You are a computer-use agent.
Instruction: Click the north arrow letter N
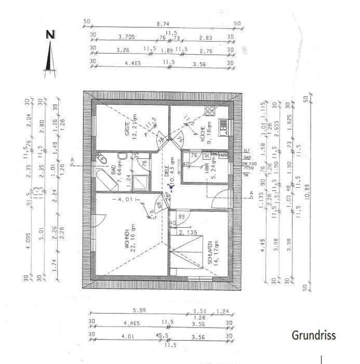(50, 35)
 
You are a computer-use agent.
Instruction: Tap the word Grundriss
(313, 335)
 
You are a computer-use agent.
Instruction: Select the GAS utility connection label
(246, 157)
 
